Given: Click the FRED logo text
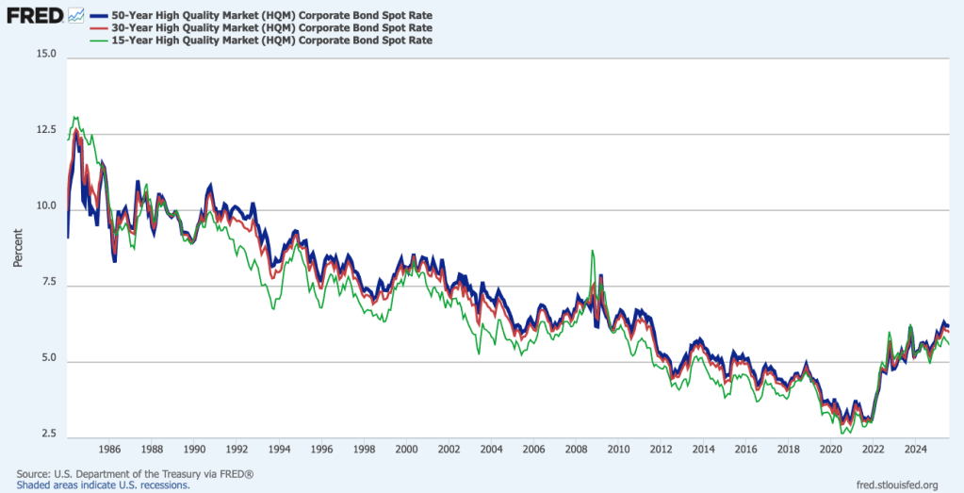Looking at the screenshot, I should point(34,15).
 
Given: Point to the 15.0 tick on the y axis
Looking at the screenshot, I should point(44,55).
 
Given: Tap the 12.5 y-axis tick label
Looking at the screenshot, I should point(44,131).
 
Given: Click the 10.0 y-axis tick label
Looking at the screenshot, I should point(44,206).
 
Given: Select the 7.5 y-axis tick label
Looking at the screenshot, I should point(46,283).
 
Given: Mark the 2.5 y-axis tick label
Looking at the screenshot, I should point(46,435).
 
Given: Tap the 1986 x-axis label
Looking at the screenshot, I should point(109,449).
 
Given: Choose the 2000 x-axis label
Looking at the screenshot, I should point(406,449).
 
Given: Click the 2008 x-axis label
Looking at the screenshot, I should point(576,449).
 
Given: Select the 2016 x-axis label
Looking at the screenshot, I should point(745,449).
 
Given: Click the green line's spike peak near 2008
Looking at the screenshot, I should point(592,251).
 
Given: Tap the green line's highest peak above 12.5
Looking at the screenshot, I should point(75,118).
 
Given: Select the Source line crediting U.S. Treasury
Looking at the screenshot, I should point(135,473).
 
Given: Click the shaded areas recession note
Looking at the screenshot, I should point(103,485).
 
